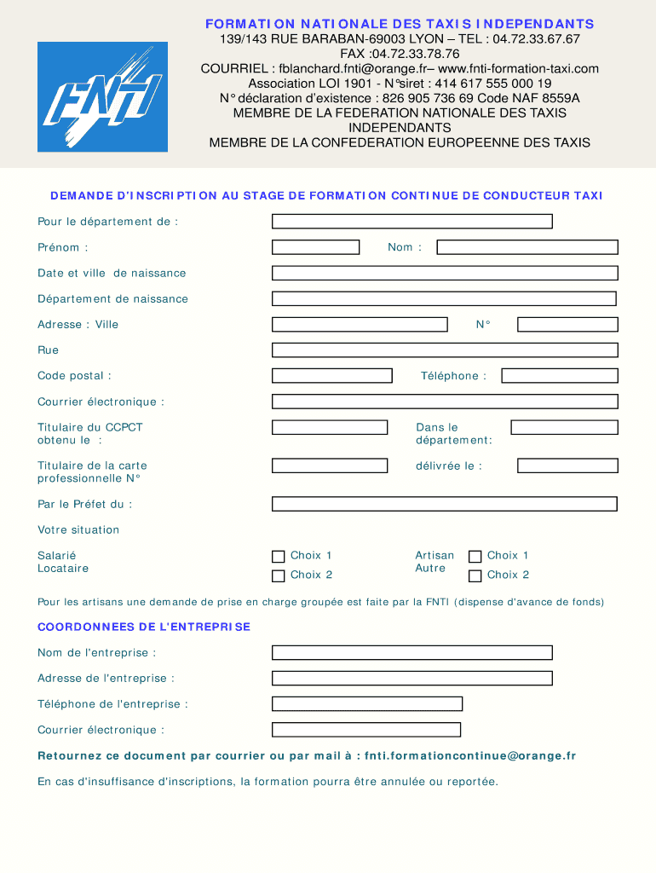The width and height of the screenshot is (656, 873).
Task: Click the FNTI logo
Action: [x=102, y=97]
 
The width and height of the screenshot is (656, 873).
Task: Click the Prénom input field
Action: [x=315, y=247]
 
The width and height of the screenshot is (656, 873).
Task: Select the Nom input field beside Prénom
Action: [x=527, y=247]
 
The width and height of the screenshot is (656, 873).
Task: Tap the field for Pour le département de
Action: [x=411, y=222]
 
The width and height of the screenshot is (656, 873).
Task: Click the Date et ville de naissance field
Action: [x=444, y=273]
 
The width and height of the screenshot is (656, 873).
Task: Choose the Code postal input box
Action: [x=331, y=376]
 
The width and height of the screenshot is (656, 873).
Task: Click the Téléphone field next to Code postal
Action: [x=559, y=376]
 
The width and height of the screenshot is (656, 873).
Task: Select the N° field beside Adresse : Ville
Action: [x=567, y=325]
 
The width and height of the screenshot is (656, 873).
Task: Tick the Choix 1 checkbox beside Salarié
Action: [x=278, y=557]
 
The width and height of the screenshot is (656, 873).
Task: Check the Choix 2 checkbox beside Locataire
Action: [x=278, y=576]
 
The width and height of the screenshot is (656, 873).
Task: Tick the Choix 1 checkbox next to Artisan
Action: [x=475, y=557]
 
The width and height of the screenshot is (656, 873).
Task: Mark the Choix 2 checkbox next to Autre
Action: [x=475, y=576]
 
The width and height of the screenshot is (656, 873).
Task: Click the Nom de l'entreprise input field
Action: [x=411, y=653]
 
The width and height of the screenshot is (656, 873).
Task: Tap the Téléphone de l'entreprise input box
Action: [x=366, y=704]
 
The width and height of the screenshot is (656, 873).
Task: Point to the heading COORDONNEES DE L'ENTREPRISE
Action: [x=144, y=627]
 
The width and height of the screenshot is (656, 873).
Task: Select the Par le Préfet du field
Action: [x=444, y=504]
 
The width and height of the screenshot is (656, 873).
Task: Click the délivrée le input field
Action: [x=567, y=466]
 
